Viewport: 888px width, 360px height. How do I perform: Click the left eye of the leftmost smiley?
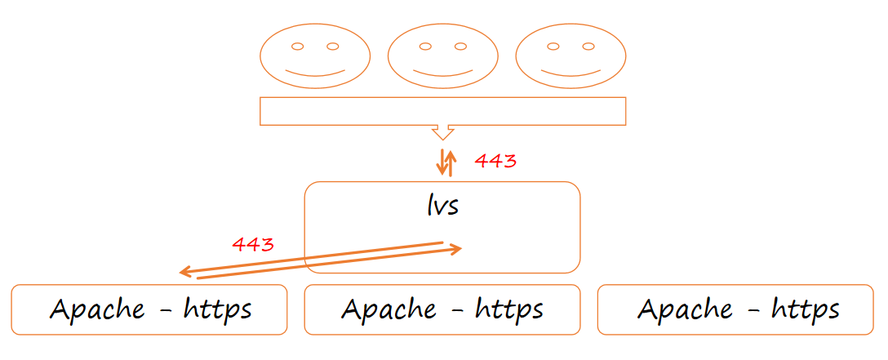[298, 46]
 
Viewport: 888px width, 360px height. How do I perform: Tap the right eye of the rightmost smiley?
[588, 46]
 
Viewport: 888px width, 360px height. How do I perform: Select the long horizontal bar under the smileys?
[442, 111]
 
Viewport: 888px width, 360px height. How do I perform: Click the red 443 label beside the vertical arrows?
[495, 161]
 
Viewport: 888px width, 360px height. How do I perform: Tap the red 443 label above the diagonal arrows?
[253, 244]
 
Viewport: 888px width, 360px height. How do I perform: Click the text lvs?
[442, 205]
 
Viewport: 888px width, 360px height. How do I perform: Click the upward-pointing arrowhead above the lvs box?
[449, 153]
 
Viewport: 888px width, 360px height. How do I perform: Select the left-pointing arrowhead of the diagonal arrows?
[184, 272]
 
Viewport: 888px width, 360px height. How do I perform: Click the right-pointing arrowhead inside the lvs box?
[457, 249]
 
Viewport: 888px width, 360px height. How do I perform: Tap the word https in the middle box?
[509, 310]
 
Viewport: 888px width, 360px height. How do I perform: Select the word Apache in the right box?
[685, 310]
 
